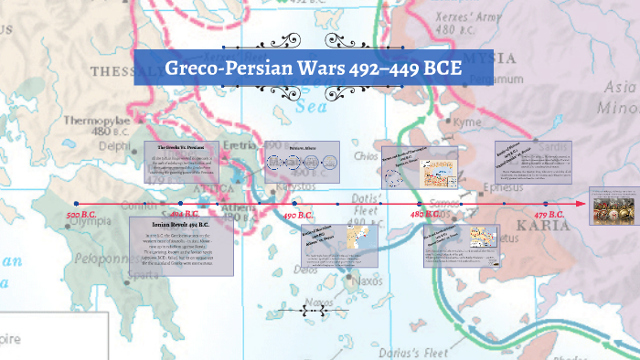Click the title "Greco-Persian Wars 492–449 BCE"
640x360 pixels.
[314, 69]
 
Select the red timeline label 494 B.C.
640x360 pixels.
[186, 215]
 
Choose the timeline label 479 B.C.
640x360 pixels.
[549, 215]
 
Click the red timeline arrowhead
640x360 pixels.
[582, 203]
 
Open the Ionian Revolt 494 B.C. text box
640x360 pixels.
[182, 247]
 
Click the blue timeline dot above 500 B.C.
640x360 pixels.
[76, 203]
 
